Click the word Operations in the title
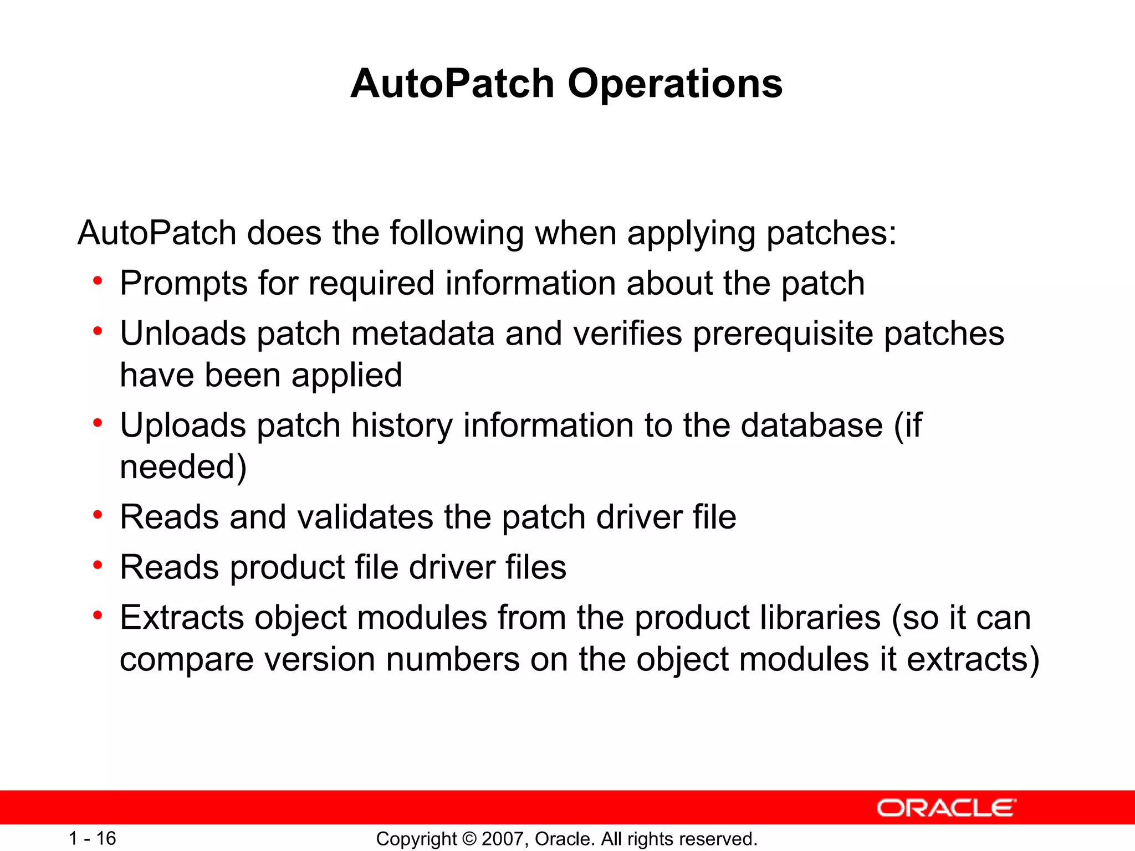675,84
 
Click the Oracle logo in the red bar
946,808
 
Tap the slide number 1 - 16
92,838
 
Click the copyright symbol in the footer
469,839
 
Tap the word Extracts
181,618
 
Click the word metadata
423,334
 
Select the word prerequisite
783,335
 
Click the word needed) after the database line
183,466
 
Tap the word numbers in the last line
452,660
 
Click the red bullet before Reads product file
98,565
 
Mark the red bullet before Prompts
98,281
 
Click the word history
402,427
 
